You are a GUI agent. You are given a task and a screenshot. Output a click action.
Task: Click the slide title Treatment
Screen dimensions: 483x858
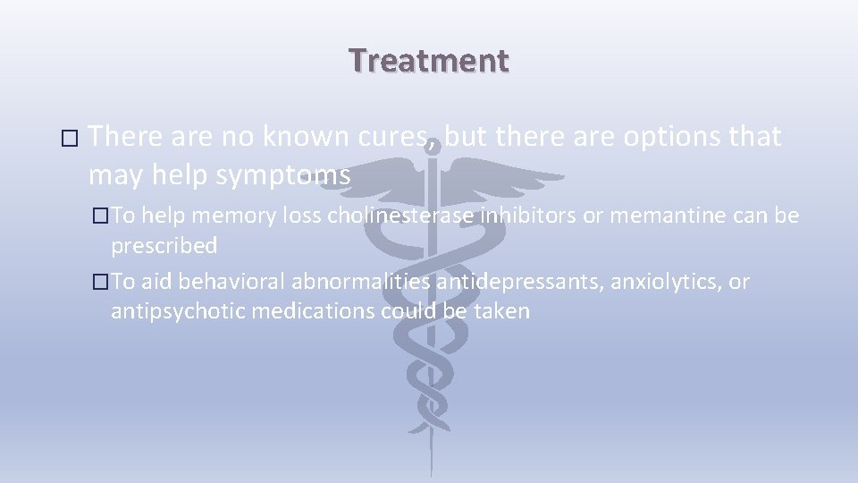(x=429, y=60)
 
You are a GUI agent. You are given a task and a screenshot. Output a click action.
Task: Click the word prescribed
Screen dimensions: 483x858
(x=164, y=246)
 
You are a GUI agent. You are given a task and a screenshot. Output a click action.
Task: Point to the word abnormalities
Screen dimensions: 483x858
(x=358, y=283)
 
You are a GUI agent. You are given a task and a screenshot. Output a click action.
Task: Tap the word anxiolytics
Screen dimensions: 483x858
(x=667, y=283)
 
